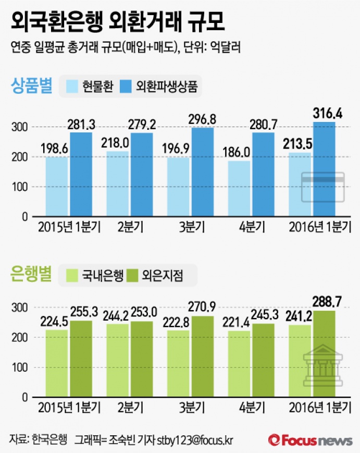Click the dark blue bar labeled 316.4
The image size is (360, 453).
pyautogui.click(x=324, y=169)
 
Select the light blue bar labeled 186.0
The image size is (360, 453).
pyautogui.click(x=240, y=188)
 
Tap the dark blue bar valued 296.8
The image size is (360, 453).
pyautogui.click(x=202, y=172)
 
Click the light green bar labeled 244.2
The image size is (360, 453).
pyautogui.click(x=118, y=360)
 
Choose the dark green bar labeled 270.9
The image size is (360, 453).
pyautogui.click(x=202, y=357)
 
